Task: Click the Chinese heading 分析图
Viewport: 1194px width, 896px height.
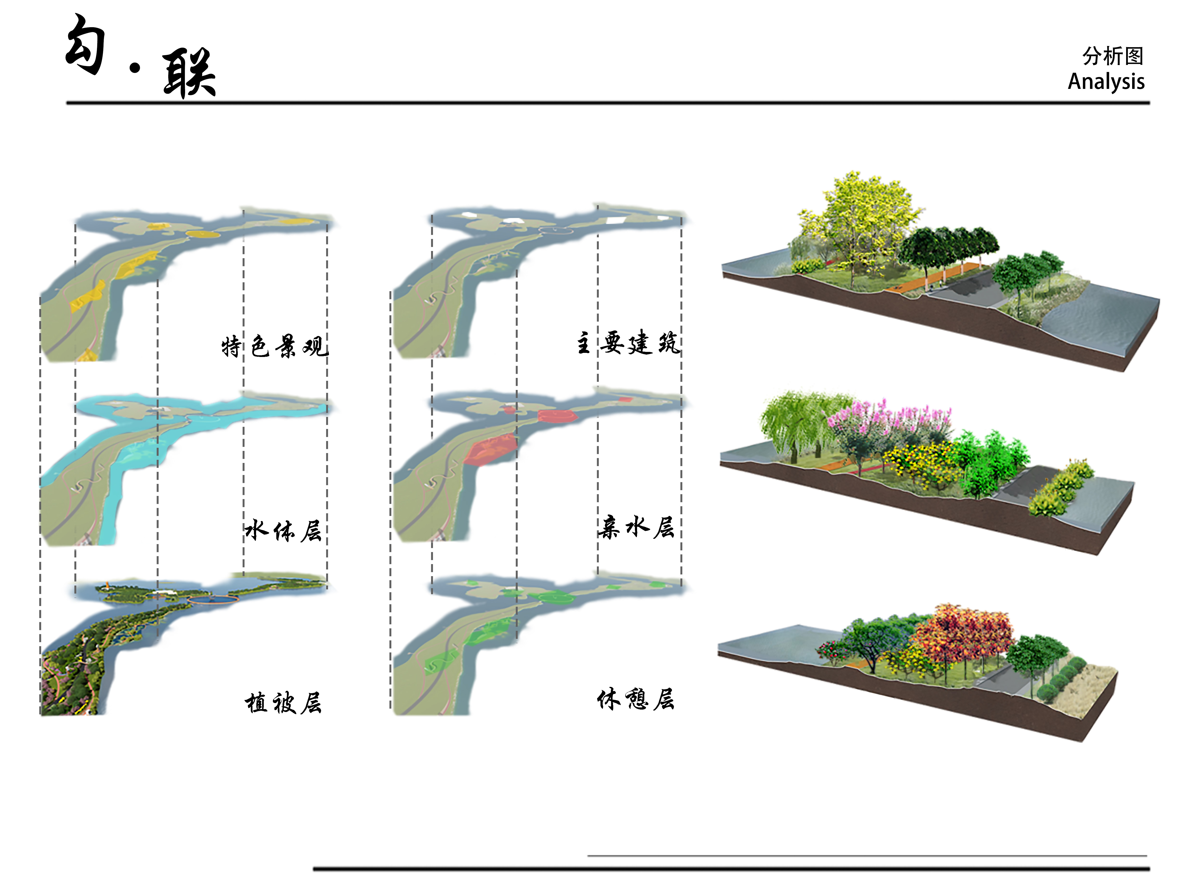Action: pyautogui.click(x=1112, y=56)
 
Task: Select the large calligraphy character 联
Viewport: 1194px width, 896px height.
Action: pyautogui.click(x=189, y=73)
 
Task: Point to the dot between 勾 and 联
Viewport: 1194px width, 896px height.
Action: pyautogui.click(x=135, y=67)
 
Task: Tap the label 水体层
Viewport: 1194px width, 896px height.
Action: pyautogui.click(x=283, y=530)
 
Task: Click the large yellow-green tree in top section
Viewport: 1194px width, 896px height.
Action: pyautogui.click(x=858, y=216)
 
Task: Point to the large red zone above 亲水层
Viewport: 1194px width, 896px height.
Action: pyautogui.click(x=490, y=448)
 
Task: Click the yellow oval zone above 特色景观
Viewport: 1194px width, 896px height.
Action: pyautogui.click(x=203, y=234)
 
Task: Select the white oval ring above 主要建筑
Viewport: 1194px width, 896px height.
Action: pyautogui.click(x=556, y=231)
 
